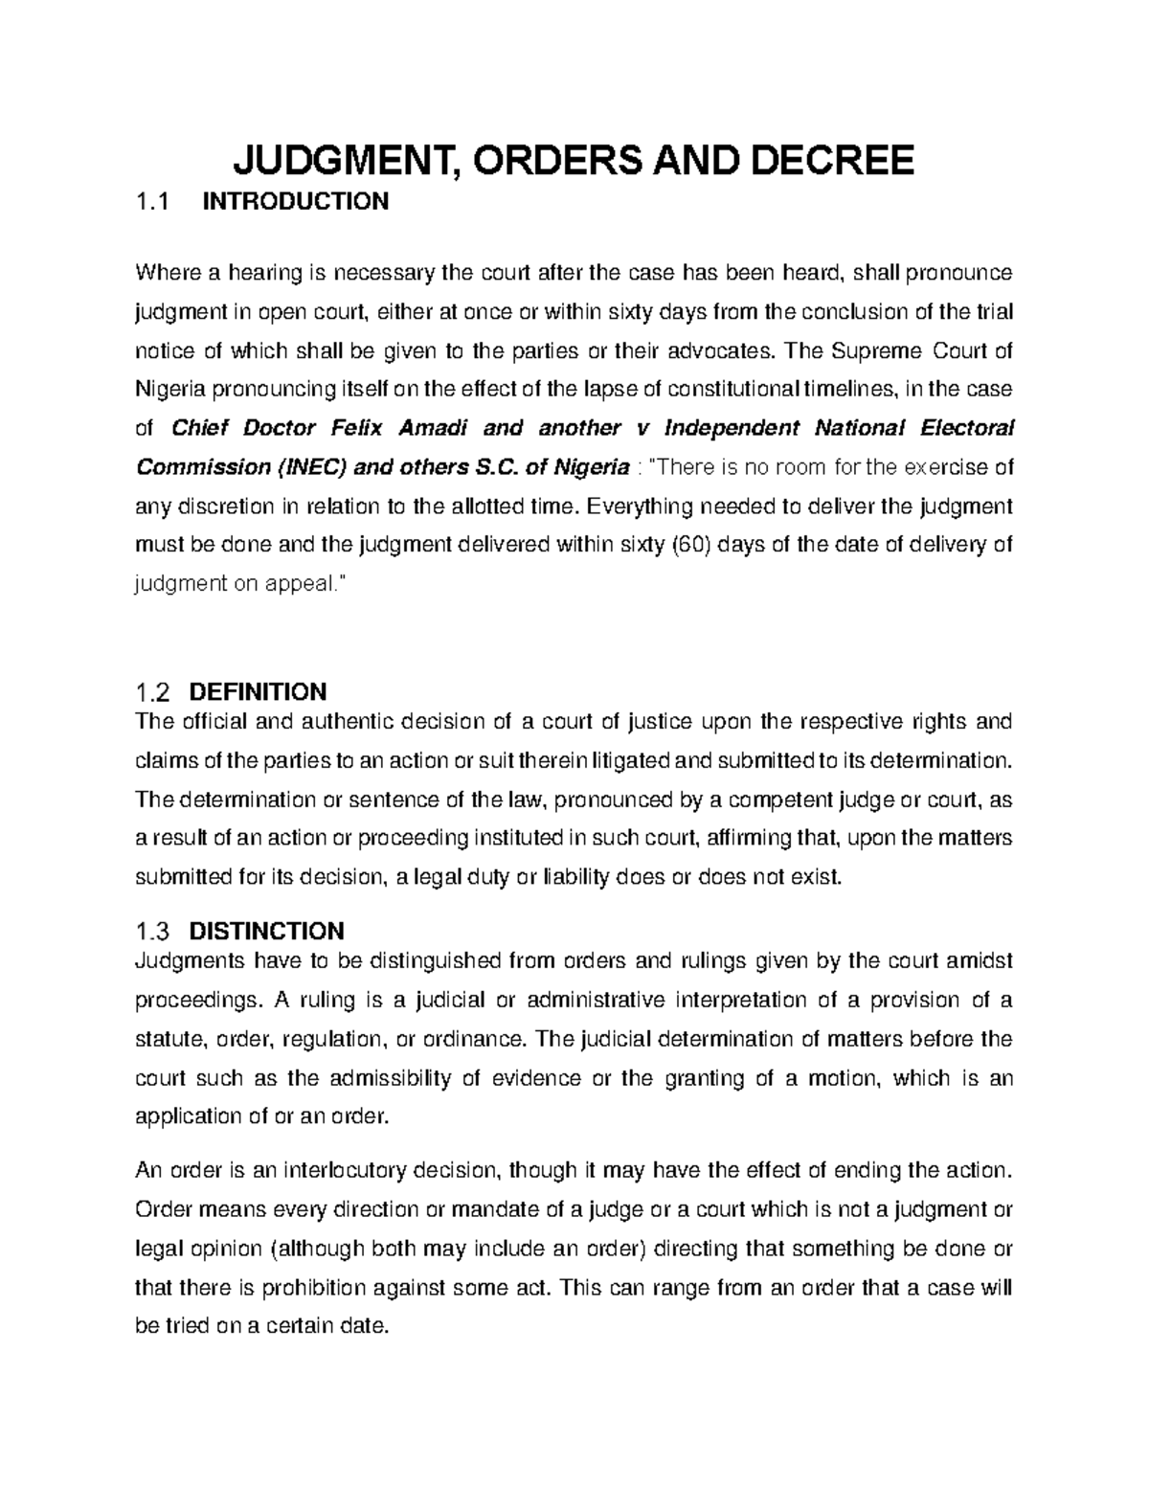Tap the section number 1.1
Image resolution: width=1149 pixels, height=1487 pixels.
(152, 202)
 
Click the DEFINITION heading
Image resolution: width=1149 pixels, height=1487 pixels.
(259, 691)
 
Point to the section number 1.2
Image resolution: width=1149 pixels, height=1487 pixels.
(152, 691)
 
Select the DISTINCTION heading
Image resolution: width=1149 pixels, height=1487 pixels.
(267, 931)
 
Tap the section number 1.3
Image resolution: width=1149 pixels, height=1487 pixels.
(152, 931)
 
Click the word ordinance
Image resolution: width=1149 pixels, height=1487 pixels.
(461, 1039)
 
